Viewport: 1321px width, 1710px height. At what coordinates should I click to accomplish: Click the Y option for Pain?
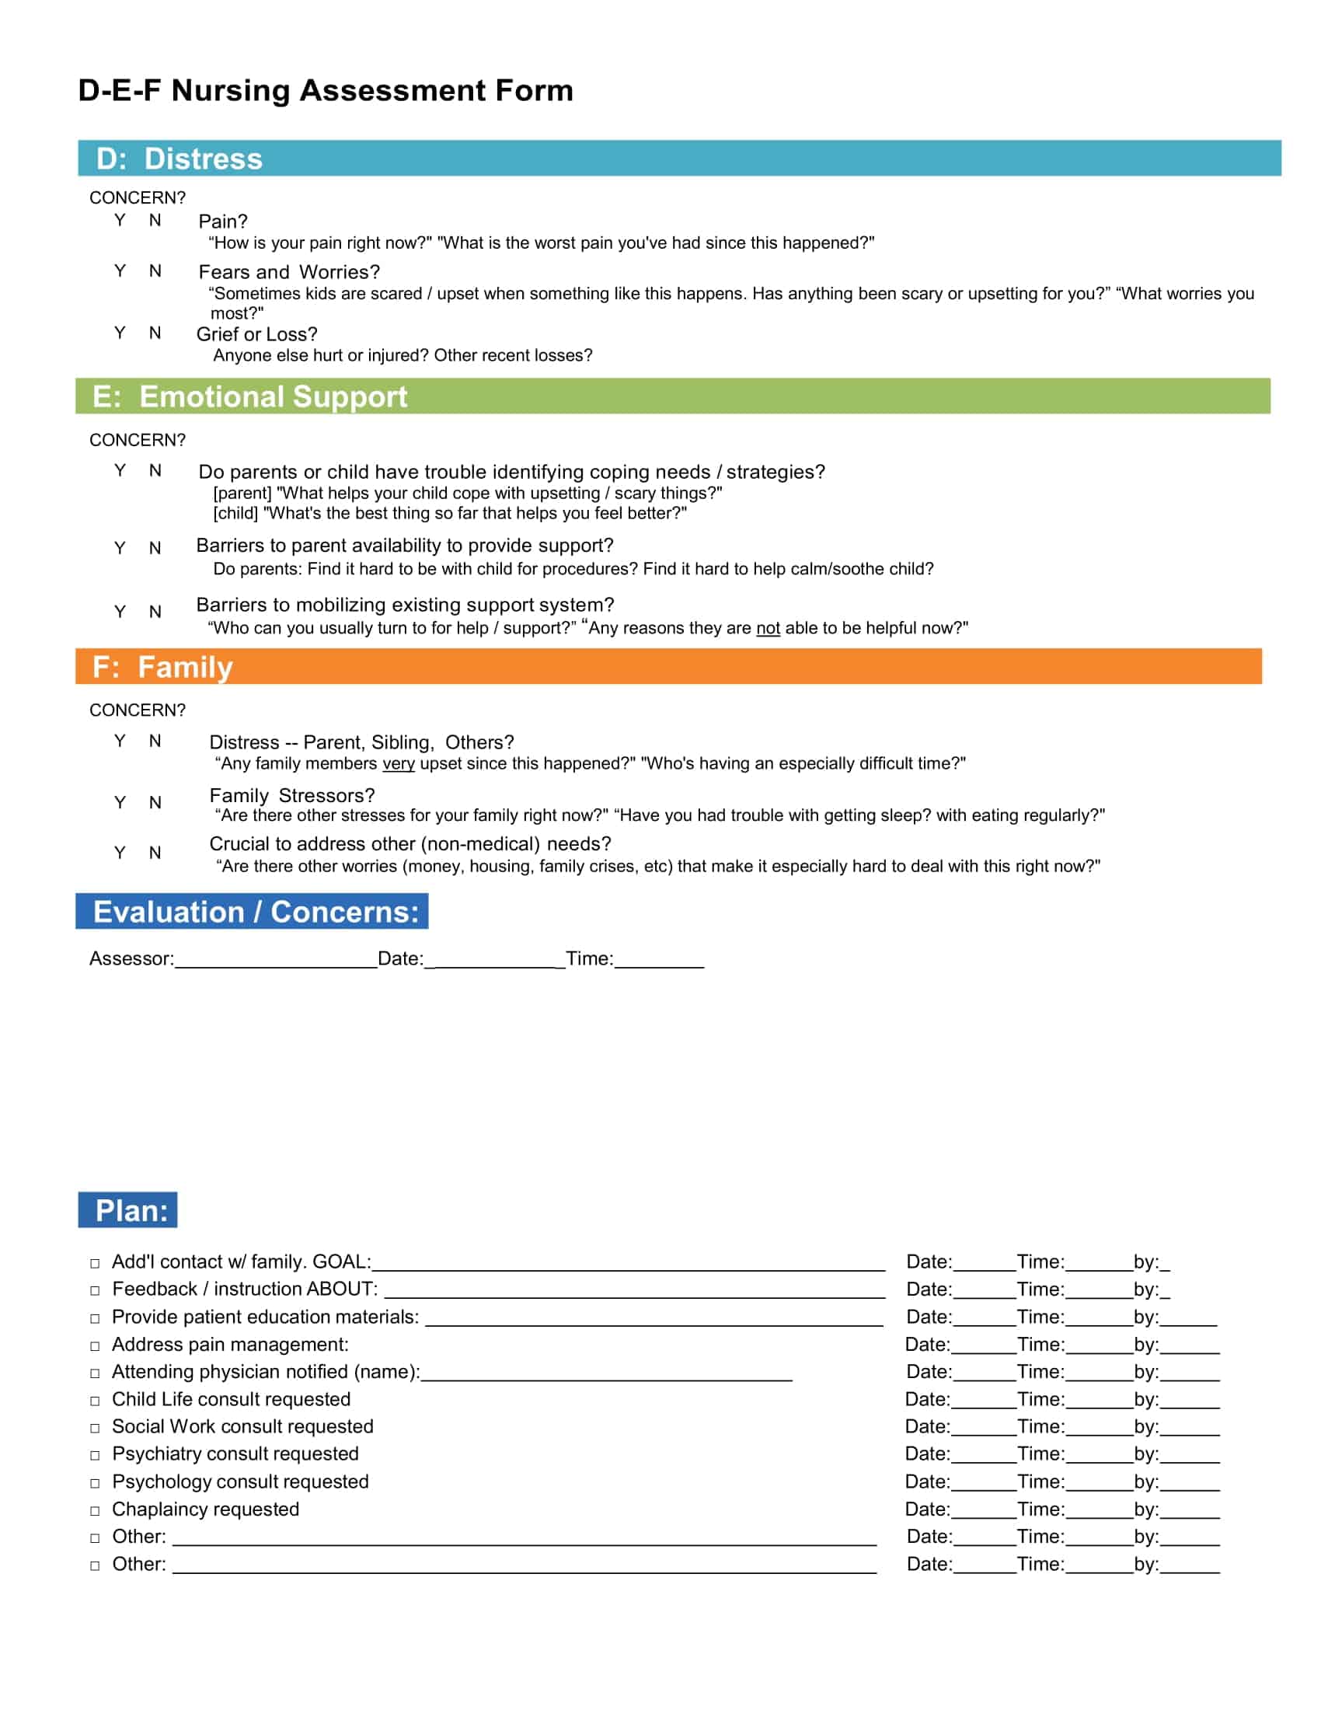tap(120, 220)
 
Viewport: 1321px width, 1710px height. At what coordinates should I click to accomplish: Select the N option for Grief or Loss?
tap(155, 333)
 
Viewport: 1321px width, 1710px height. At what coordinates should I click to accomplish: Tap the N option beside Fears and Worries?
tap(155, 271)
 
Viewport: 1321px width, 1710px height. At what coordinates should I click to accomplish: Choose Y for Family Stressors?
tap(120, 803)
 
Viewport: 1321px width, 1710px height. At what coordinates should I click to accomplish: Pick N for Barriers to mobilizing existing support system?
tap(155, 612)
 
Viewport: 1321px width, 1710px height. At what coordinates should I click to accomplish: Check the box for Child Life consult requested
tap(95, 1401)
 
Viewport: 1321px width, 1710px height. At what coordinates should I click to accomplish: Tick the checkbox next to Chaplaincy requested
tap(95, 1510)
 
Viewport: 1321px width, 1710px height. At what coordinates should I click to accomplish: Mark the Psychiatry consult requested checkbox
tap(95, 1456)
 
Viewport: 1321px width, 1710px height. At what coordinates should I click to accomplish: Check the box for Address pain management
tap(95, 1346)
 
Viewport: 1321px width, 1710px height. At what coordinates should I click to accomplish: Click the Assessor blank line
tap(276, 961)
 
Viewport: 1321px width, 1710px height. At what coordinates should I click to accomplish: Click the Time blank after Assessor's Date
tap(659, 961)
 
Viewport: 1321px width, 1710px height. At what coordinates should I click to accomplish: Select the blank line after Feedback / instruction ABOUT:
tap(634, 1292)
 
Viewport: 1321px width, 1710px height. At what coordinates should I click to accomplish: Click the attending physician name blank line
tap(606, 1374)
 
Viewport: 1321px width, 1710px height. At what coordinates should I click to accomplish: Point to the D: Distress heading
tap(180, 159)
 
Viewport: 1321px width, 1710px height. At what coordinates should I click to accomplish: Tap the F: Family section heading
tap(162, 667)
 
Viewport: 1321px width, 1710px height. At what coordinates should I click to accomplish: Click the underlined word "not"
tap(768, 628)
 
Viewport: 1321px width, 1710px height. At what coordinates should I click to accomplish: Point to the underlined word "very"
tap(399, 763)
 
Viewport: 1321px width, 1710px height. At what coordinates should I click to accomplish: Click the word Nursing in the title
tap(230, 91)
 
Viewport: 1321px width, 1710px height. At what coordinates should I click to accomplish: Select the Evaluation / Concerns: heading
tap(255, 913)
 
